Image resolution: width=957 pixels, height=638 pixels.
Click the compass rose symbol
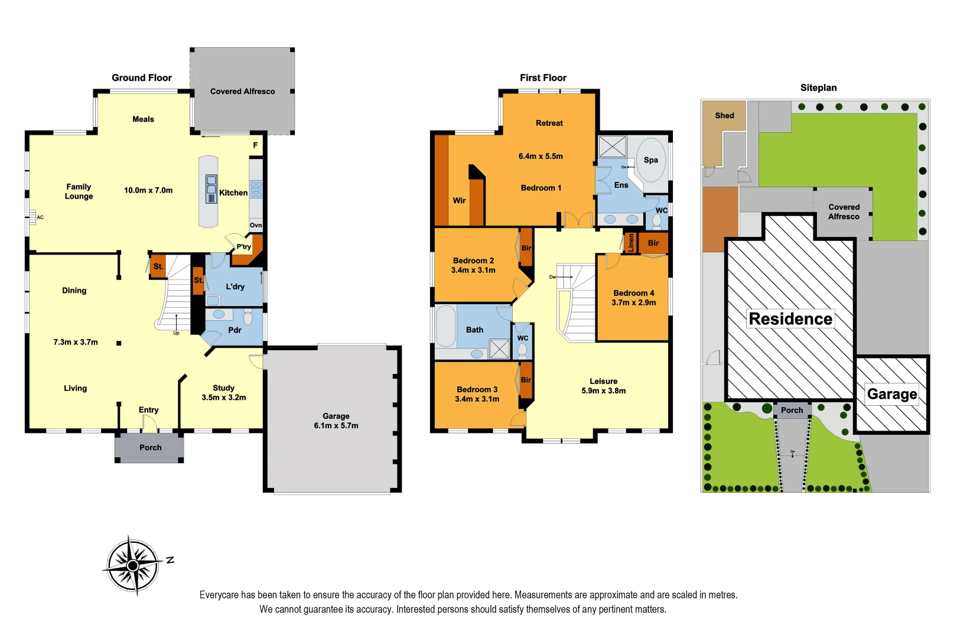[133, 565]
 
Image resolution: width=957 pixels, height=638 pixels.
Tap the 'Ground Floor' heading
[142, 78]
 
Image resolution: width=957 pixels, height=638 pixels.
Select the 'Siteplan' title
[818, 88]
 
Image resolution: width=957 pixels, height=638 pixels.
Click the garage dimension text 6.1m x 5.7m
[336, 426]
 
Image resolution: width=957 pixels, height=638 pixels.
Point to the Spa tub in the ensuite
[650, 159]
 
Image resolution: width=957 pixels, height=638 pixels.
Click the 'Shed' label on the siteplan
[724, 116]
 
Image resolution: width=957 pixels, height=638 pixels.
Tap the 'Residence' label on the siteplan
[790, 319]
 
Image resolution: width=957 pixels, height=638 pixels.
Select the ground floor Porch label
[150, 448]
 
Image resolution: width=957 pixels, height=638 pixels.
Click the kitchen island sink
[211, 189]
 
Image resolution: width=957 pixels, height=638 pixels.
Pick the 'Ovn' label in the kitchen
[256, 225]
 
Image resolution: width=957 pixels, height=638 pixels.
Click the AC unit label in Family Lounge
[40, 217]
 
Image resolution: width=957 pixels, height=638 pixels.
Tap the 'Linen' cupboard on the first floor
[631, 242]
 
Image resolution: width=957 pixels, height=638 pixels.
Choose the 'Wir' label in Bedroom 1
[459, 201]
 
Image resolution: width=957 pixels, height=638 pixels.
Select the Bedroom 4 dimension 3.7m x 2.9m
[633, 302]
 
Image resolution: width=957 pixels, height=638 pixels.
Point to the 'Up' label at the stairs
[176, 333]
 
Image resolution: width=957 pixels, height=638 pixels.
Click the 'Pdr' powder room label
[235, 330]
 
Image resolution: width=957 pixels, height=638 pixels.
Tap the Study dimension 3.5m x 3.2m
[223, 398]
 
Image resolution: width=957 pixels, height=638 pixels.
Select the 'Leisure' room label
[603, 382]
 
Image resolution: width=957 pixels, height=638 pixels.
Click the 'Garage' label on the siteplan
[892, 394]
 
